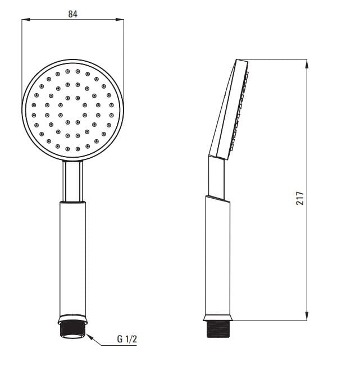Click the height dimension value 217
[300, 198]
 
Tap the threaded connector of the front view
[72, 328]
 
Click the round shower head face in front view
[72, 109]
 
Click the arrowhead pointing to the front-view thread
[88, 336]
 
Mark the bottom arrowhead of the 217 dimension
[307, 317]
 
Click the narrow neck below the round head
[72, 181]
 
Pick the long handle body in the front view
[72, 258]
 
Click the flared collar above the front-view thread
[72, 318]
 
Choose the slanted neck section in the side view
[216, 178]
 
